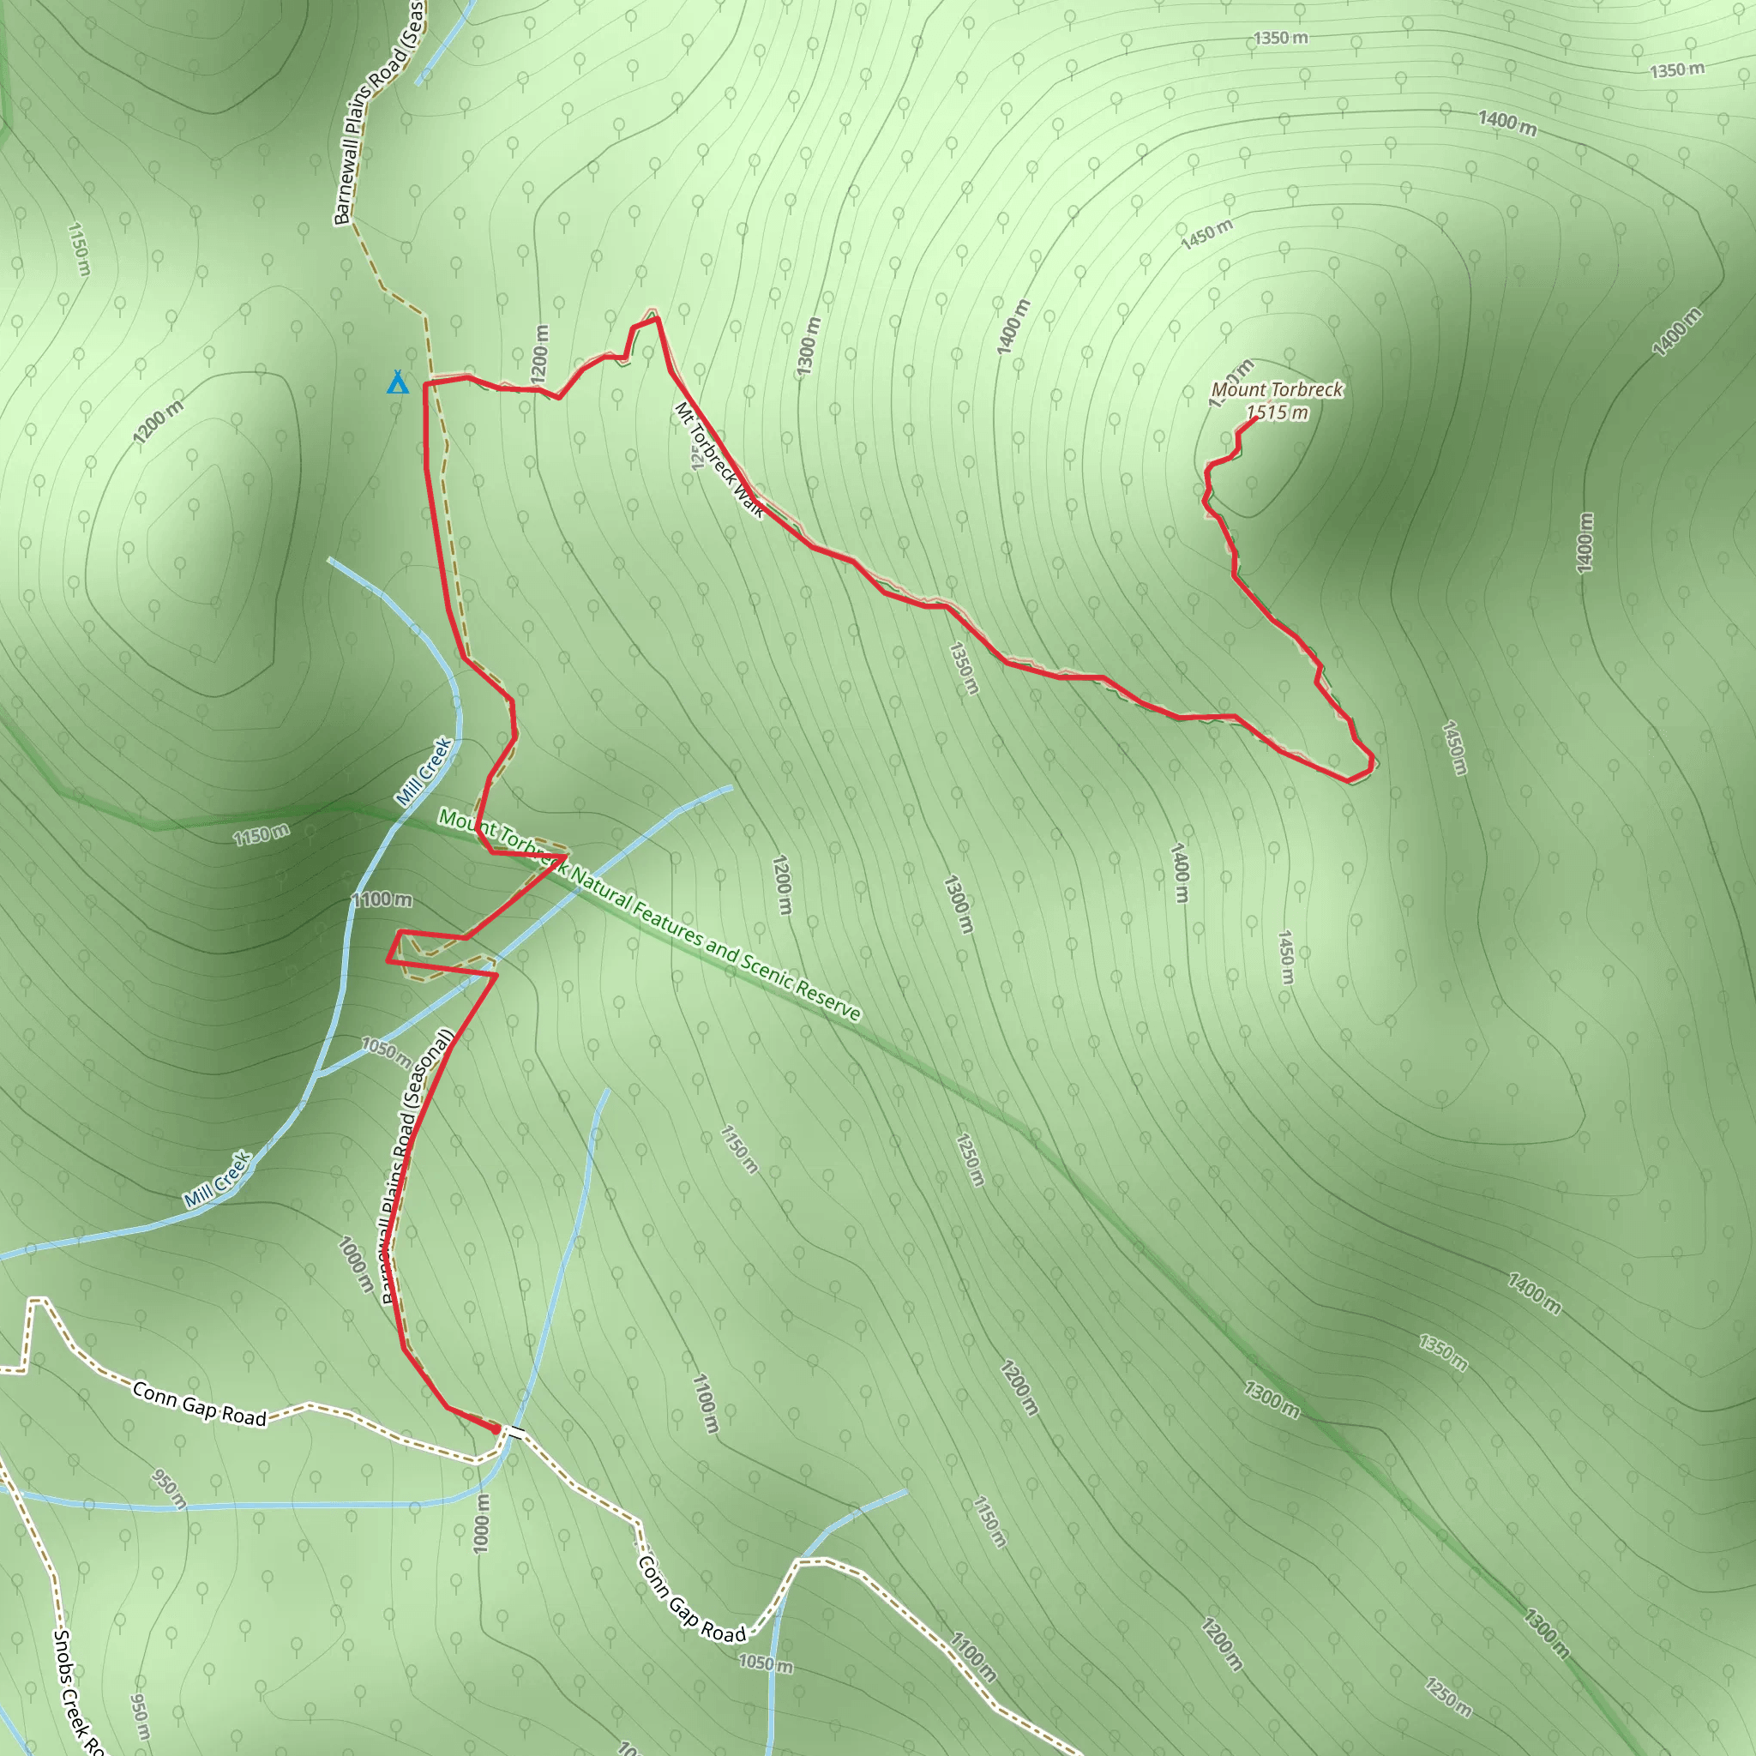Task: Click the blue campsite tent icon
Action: point(397,382)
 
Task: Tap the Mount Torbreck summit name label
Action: point(1277,390)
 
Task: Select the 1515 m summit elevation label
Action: point(1278,413)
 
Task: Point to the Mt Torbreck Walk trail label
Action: point(719,460)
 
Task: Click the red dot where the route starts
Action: point(496,1429)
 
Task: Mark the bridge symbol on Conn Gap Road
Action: point(516,1433)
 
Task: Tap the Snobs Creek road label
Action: point(76,1691)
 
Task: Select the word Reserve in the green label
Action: point(828,998)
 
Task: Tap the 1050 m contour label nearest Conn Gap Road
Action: point(766,1663)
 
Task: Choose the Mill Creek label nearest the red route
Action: point(424,772)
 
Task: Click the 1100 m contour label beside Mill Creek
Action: point(382,899)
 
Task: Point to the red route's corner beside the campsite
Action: point(425,384)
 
